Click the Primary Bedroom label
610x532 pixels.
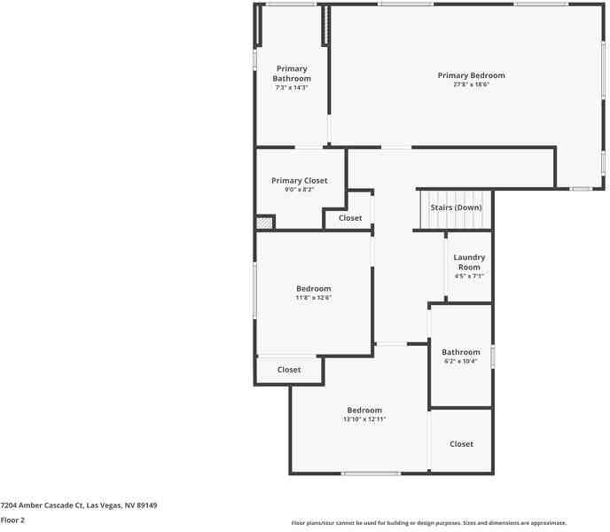tap(471, 75)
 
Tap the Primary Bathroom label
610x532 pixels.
tap(292, 74)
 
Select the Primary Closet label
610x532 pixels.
tap(299, 181)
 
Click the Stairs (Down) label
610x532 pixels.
tap(456, 207)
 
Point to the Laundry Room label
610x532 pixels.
tap(469, 262)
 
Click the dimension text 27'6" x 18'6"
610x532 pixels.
tap(471, 85)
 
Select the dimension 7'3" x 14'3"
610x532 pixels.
tap(292, 88)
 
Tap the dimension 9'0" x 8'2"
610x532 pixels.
tap(299, 190)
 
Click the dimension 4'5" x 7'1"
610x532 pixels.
tap(469, 276)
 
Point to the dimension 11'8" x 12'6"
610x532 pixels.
tap(313, 298)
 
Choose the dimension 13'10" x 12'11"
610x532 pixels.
tap(364, 419)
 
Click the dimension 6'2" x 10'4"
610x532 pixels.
tap(461, 362)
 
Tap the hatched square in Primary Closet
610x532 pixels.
tap(264, 223)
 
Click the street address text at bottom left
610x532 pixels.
tap(79, 505)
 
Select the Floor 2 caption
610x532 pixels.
tap(12, 520)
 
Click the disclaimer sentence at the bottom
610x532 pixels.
tap(429, 523)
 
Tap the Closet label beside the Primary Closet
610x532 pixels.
tap(350, 218)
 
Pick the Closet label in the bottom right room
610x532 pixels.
tap(461, 444)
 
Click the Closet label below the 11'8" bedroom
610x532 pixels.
tap(289, 371)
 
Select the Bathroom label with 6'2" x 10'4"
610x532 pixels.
tap(461, 352)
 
